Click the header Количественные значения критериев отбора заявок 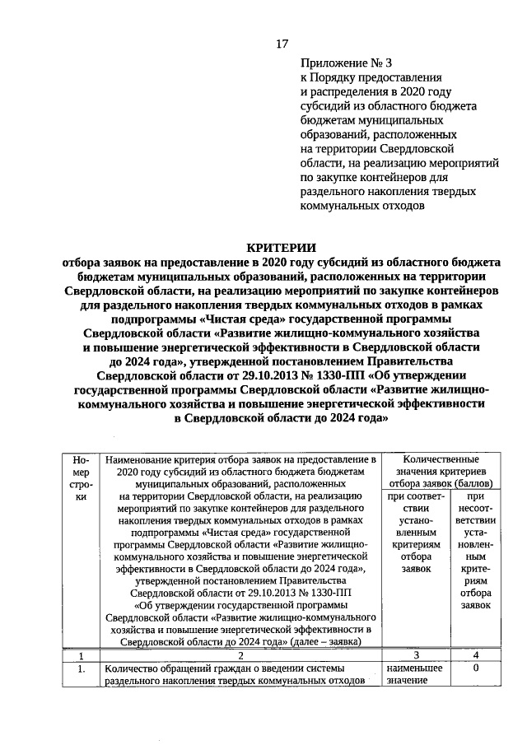coord(439,470)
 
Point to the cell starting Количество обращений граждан coord(235,675)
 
